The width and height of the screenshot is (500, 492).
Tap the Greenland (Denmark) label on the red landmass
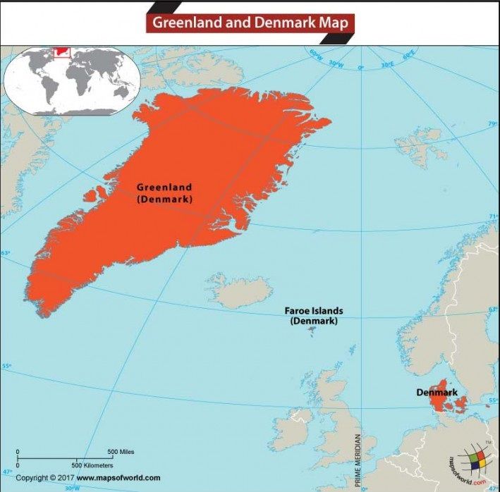(164, 193)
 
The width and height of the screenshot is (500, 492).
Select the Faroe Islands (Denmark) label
(313, 315)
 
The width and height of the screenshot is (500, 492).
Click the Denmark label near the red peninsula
(437, 392)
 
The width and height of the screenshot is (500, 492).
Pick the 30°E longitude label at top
(386, 65)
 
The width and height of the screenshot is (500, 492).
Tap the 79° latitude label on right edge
(492, 125)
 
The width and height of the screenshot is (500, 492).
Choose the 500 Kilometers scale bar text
(92, 465)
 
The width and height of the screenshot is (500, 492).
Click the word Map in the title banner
(331, 23)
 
